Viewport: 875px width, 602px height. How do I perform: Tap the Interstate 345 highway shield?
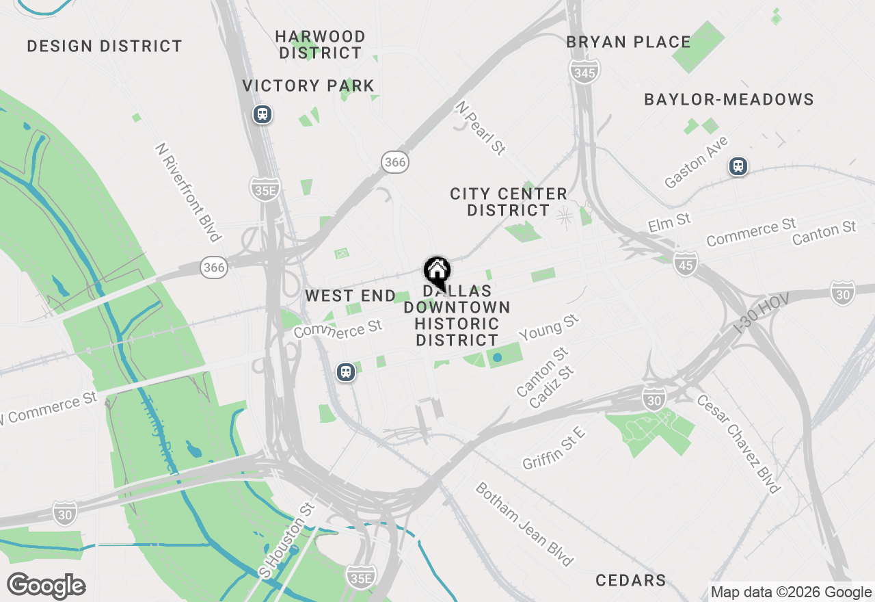(x=584, y=72)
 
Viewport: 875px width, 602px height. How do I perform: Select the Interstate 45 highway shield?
(x=685, y=263)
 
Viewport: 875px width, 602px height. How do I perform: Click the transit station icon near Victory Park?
(x=262, y=114)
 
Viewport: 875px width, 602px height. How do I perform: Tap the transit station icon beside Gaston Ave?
(x=738, y=166)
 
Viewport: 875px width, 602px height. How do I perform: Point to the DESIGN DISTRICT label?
(x=105, y=47)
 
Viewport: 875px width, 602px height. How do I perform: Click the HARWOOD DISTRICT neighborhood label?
(x=321, y=44)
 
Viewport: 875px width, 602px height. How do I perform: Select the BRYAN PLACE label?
(x=628, y=42)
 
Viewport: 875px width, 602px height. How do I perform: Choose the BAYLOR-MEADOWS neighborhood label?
(x=729, y=100)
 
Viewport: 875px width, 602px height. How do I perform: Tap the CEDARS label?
(x=630, y=581)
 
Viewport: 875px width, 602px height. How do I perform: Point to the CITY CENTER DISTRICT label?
(x=508, y=202)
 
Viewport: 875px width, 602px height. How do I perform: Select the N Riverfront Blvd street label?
(x=188, y=192)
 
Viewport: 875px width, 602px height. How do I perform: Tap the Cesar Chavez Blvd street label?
(x=738, y=443)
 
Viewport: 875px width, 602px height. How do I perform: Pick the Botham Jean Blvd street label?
(x=524, y=524)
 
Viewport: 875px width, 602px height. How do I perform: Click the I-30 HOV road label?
(x=761, y=314)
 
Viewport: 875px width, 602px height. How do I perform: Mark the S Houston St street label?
(x=286, y=540)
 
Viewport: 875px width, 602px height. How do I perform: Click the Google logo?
(x=46, y=586)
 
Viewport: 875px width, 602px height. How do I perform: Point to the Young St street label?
(x=548, y=328)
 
